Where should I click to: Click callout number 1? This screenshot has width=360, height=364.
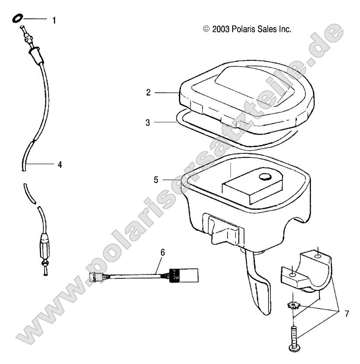(54, 20)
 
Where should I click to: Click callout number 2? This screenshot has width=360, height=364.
(149, 92)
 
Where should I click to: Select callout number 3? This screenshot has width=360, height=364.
(148, 123)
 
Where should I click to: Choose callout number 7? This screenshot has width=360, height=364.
(346, 314)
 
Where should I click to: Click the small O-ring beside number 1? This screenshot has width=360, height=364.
(18, 19)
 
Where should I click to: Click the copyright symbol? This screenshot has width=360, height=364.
(206, 29)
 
